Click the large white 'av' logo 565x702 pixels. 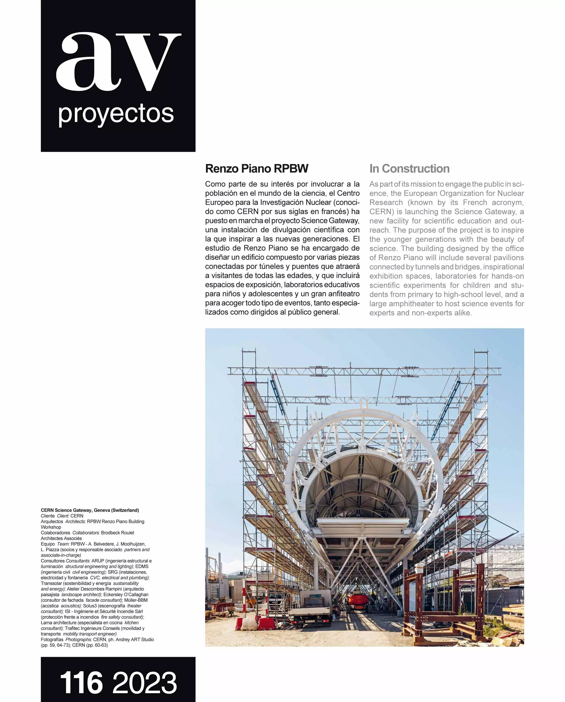click(x=118, y=62)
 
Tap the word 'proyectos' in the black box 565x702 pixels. click(x=116, y=114)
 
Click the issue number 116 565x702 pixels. click(x=81, y=683)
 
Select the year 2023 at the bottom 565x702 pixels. click(x=145, y=683)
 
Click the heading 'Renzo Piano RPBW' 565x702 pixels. click(x=257, y=169)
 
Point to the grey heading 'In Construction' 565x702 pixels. click(x=409, y=169)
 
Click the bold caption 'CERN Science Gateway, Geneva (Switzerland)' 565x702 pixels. click(x=90, y=510)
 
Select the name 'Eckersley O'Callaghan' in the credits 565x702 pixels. click(x=126, y=594)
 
